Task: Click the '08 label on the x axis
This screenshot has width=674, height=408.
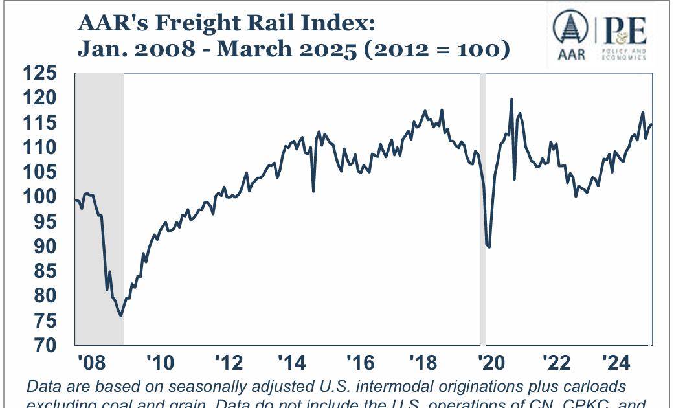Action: click(89, 361)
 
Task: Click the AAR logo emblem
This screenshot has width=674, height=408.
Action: click(570, 31)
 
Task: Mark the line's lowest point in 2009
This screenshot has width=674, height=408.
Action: click(121, 315)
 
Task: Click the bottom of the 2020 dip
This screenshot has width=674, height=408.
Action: click(489, 247)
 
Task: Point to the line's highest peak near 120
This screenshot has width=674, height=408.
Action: click(511, 100)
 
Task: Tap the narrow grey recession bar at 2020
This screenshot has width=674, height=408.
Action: click(483, 207)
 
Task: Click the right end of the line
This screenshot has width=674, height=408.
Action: click(651, 124)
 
